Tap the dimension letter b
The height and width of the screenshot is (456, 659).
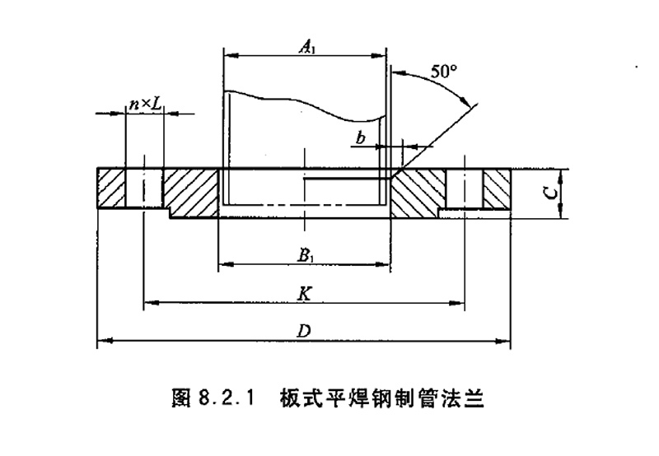(x=361, y=137)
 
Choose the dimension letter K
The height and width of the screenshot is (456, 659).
(x=305, y=293)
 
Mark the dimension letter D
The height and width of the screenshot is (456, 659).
(x=304, y=330)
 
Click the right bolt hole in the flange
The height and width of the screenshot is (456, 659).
(x=464, y=188)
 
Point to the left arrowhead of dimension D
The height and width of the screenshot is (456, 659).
(x=102, y=338)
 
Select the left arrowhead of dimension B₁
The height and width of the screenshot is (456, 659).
(x=222, y=264)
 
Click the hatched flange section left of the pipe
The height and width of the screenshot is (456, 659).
(x=190, y=190)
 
